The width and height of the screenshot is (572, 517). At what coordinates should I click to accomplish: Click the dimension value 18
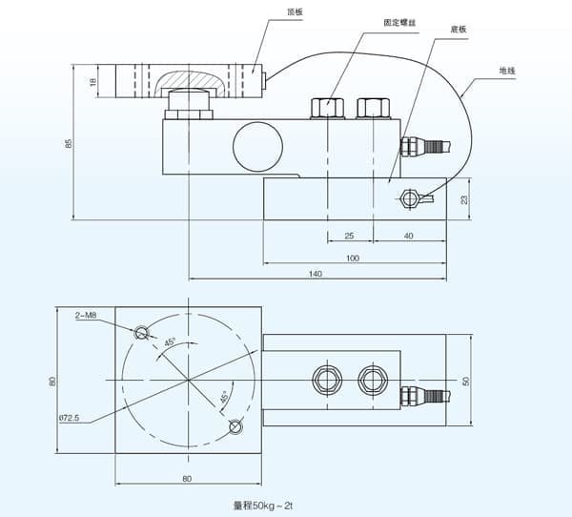[x=93, y=82]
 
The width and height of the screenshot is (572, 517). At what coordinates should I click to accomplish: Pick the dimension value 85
[x=68, y=143]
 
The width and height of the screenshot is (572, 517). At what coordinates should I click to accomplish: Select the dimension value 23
[x=464, y=199]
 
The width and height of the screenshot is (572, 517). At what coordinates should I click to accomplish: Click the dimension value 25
[x=349, y=235]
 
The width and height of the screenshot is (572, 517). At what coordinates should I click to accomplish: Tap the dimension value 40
[x=408, y=235]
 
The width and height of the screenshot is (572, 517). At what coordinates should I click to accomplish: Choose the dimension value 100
[x=353, y=258]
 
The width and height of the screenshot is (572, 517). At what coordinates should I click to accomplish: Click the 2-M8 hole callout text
[x=86, y=315]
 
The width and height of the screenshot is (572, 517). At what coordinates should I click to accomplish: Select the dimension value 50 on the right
[x=466, y=381]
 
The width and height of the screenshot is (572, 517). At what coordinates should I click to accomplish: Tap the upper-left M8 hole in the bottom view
[x=142, y=332]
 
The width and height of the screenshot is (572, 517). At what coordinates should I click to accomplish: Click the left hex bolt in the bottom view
[x=327, y=379]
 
